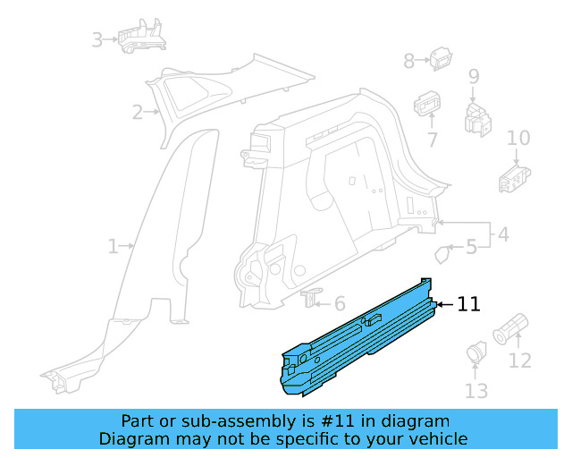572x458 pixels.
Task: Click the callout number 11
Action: (468, 305)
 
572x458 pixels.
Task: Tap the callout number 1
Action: (113, 246)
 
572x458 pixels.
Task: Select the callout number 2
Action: (137, 113)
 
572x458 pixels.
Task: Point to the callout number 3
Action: (97, 39)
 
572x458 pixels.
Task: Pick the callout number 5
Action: (471, 247)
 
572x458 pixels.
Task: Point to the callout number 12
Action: (519, 360)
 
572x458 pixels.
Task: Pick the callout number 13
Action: (476, 390)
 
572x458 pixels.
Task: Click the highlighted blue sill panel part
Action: (357, 340)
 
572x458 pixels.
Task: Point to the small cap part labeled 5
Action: (442, 253)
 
